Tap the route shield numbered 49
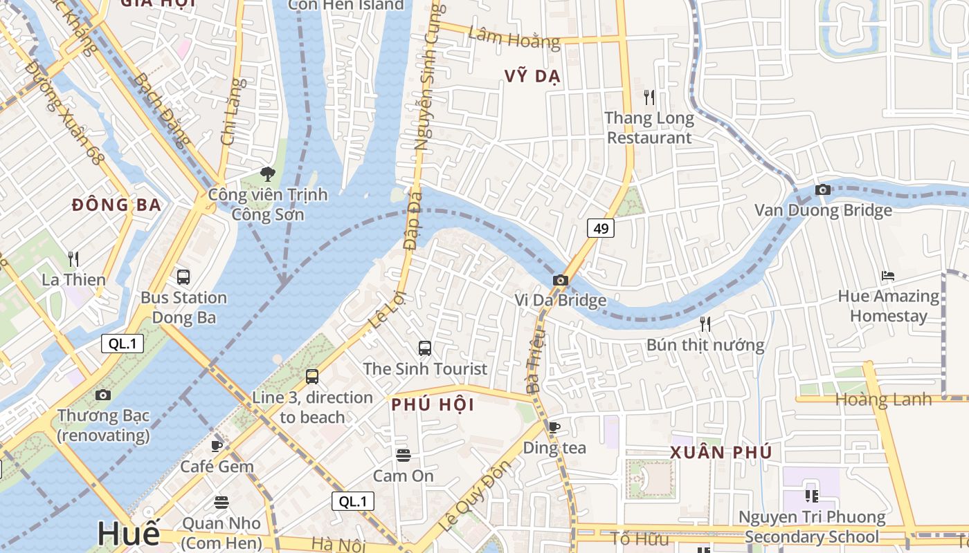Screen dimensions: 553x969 point(601,228)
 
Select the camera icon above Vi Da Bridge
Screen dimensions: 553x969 point(561,280)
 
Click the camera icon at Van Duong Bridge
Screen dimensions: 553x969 point(823,189)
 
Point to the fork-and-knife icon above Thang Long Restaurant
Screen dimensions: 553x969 point(649,97)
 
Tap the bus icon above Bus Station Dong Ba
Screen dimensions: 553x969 point(183,276)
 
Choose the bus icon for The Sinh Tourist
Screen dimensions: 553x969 point(425,348)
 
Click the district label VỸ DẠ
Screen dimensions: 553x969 point(532,77)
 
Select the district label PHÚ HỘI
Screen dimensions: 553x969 point(433,405)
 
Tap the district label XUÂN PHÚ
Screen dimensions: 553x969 point(721,453)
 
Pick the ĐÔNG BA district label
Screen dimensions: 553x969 point(117,205)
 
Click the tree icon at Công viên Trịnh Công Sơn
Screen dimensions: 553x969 point(267,174)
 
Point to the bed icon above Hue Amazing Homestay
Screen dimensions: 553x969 point(888,276)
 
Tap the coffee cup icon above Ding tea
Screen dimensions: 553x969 point(554,427)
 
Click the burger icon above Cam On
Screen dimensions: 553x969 point(404,455)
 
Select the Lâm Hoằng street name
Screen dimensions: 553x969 point(514,37)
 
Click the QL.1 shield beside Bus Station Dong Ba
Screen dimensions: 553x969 point(123,344)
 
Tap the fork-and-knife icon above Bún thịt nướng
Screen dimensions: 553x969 point(705,324)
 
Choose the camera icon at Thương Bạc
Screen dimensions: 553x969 point(103,395)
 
